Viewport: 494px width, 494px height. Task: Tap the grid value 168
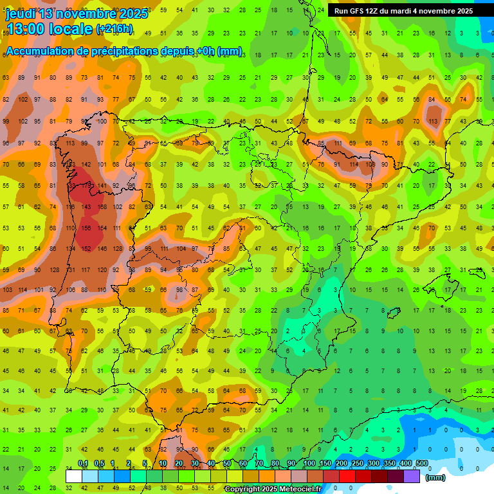tap(102, 206)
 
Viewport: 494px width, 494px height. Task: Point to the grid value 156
tap(86, 228)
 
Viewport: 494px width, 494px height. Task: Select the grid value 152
tap(86, 248)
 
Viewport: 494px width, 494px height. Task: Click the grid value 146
tap(102, 248)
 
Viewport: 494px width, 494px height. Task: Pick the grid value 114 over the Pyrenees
tap(353, 164)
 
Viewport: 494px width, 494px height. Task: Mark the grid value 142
tap(86, 165)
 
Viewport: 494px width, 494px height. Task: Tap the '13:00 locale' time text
tap(49, 29)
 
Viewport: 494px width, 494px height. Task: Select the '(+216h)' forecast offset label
tap(114, 29)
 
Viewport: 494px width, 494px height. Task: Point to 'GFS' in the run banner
tap(358, 11)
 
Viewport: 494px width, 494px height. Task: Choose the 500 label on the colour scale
tap(421, 463)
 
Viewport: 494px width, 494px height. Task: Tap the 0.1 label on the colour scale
tap(82, 463)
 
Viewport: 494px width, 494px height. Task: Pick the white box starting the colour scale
tap(74, 476)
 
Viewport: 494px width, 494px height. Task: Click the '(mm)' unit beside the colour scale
tap(435, 477)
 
